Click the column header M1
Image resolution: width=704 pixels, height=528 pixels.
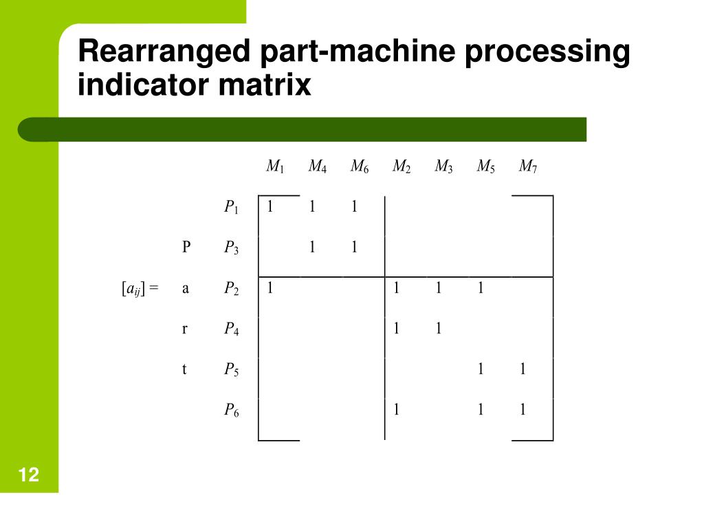[276, 166]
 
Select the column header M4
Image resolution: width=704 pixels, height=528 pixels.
[318, 166]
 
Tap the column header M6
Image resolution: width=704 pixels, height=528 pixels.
[360, 166]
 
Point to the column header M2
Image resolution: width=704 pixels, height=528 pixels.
[401, 166]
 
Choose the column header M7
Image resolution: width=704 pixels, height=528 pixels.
[528, 166]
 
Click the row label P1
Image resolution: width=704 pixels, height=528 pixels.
[232, 208]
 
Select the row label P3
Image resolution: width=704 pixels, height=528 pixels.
[232, 248]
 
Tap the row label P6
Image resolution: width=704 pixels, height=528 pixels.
[232, 410]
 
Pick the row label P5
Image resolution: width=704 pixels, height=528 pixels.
[232, 370]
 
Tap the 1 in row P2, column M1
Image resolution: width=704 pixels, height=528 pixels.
[270, 288]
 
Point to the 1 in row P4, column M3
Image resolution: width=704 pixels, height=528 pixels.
[438, 329]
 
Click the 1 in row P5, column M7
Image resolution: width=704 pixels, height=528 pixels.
[522, 369]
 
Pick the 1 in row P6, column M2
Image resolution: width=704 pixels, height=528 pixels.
[396, 410]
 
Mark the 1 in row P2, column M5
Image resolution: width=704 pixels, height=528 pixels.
[481, 288]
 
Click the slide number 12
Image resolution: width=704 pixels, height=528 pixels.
[29, 474]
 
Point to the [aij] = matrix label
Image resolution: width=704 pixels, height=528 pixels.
[140, 289]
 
